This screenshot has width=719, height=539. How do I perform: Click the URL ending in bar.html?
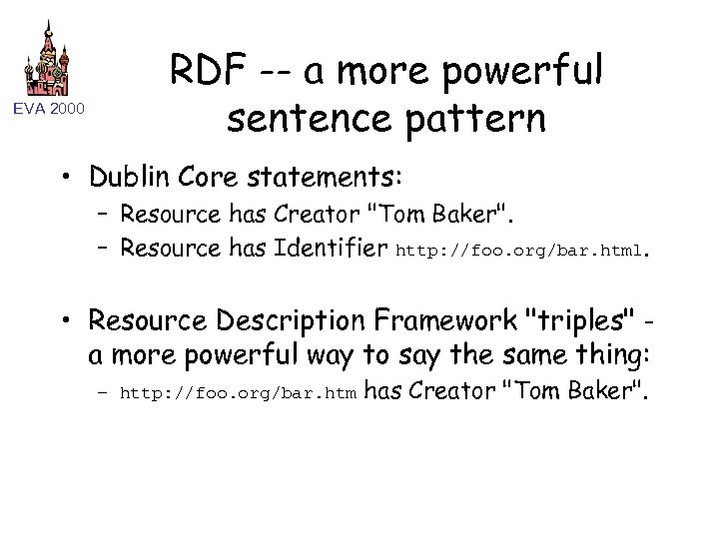click(521, 247)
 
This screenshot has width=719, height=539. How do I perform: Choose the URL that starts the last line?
click(235, 394)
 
